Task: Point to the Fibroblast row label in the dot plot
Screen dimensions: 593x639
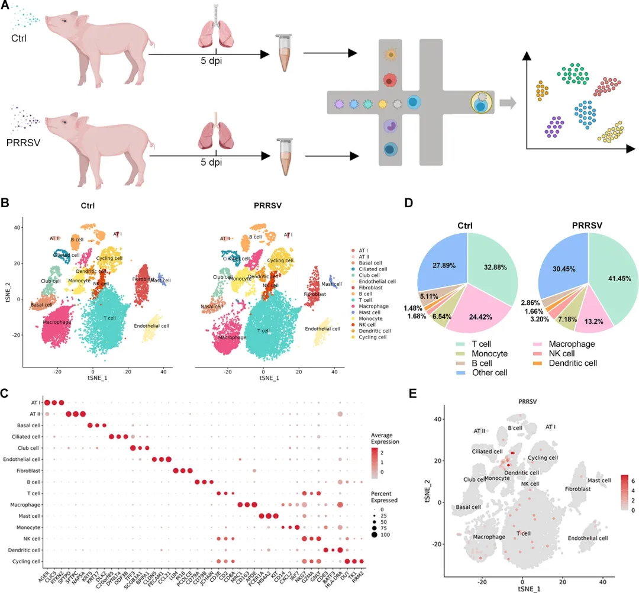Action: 26,470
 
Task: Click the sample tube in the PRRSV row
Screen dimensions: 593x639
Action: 282,156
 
